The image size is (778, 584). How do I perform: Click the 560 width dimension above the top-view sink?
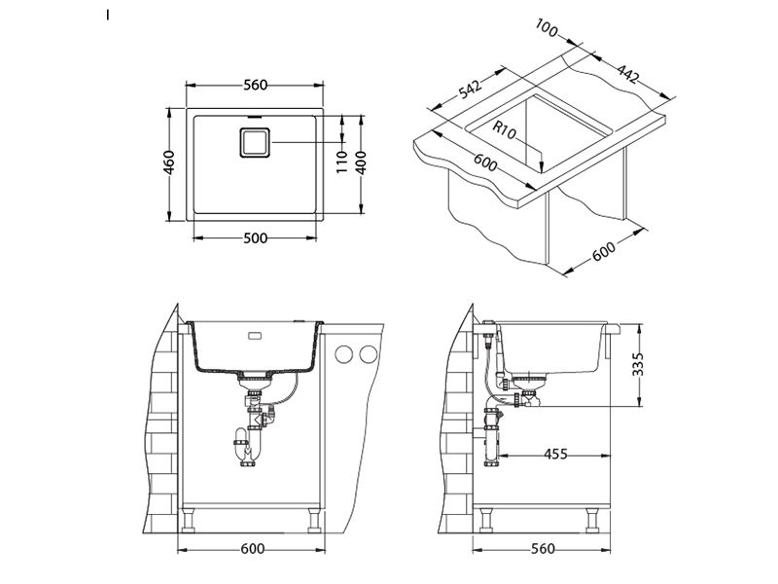click(255, 86)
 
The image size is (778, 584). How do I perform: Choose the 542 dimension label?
click(469, 91)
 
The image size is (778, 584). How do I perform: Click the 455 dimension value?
click(555, 455)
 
